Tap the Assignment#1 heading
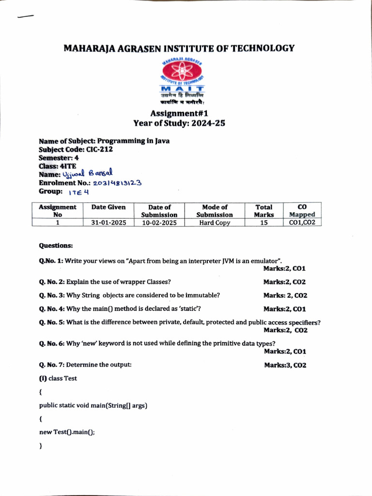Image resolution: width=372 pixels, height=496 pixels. pos(179,114)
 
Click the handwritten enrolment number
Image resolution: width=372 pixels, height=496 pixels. pos(117,183)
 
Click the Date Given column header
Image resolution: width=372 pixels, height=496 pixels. pos(108,207)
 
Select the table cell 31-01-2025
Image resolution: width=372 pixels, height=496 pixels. pos(108,223)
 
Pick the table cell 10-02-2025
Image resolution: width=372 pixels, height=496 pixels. pos(159,223)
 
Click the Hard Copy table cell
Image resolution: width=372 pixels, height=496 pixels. pos(215,223)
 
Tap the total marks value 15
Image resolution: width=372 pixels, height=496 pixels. pos(264,223)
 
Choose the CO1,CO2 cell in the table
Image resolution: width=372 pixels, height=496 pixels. pos(302,223)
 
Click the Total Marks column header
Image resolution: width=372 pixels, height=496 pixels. pos(264,211)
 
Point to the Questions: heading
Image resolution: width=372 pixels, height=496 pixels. pos(56,246)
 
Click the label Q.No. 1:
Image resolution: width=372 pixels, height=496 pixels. pos(51,261)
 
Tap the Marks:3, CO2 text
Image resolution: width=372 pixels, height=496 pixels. pos(285,365)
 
